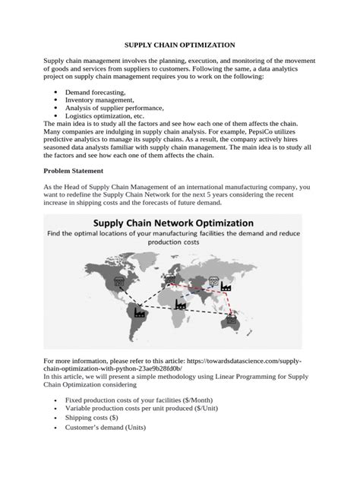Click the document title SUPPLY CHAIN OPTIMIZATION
(180, 46)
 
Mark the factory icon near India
(180, 303)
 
